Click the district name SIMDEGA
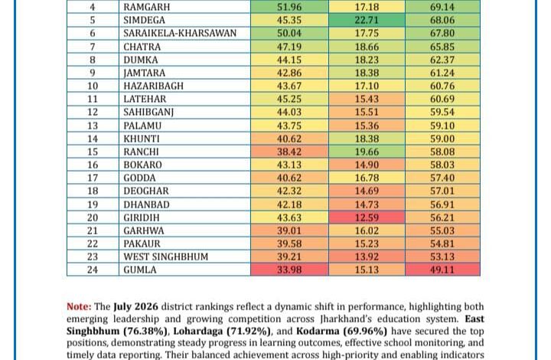(144, 20)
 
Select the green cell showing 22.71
(367, 20)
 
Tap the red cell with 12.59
(367, 218)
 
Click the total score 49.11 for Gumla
(442, 270)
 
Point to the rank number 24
(93, 270)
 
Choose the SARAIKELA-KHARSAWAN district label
(180, 33)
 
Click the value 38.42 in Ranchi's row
(289, 152)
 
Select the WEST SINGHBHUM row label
(165, 257)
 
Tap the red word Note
(79, 306)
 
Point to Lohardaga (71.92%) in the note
(222, 331)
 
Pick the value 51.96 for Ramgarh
(289, 7)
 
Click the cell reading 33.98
(289, 270)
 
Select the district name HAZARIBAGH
(153, 86)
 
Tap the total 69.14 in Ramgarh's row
(442, 7)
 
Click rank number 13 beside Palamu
(93, 126)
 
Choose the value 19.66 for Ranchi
(367, 152)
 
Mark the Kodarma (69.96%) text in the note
(341, 331)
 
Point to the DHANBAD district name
(146, 205)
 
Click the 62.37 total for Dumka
(442, 60)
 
